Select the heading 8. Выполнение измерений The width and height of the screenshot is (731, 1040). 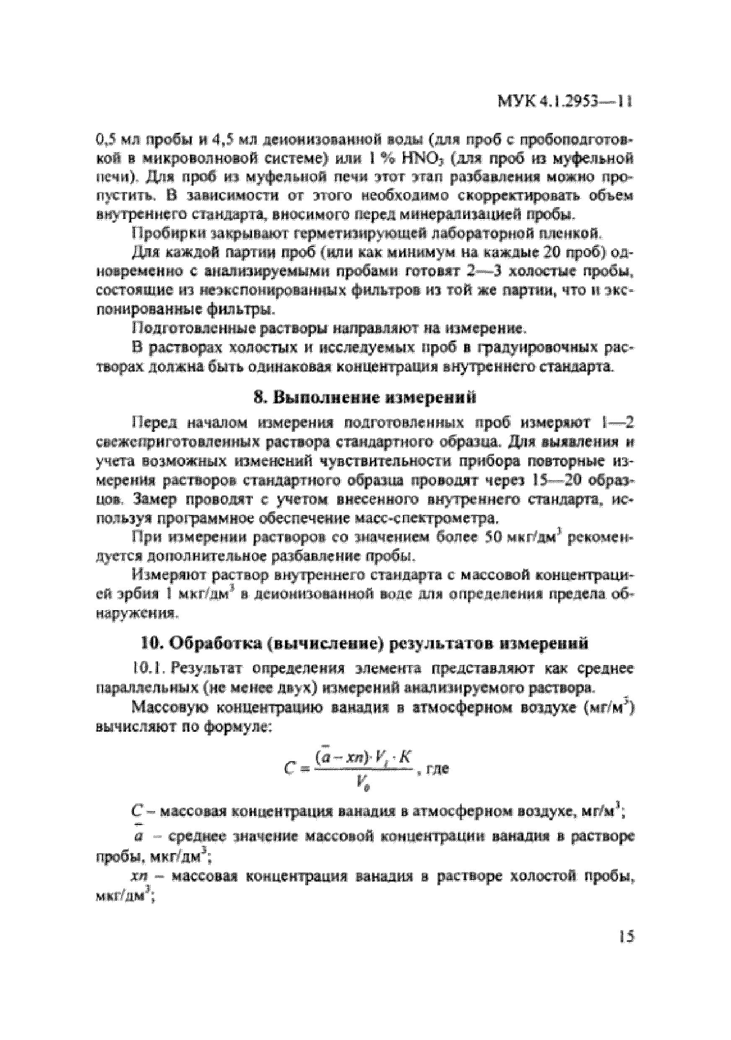(x=364, y=397)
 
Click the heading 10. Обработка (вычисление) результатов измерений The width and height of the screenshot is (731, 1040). (x=364, y=644)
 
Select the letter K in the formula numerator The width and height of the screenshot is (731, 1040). (x=404, y=758)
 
